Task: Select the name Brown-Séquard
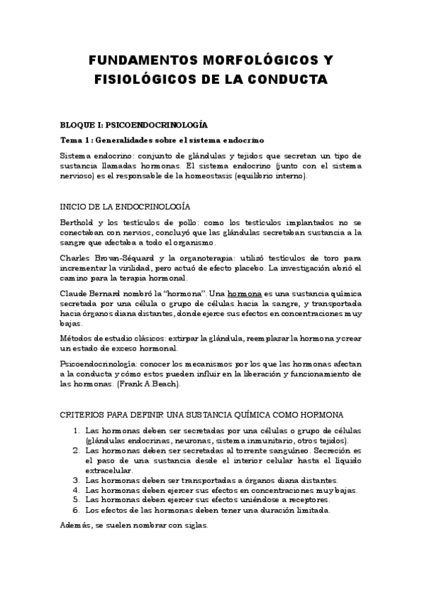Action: (131, 259)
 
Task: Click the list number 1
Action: (76, 430)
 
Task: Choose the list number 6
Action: (76, 510)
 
